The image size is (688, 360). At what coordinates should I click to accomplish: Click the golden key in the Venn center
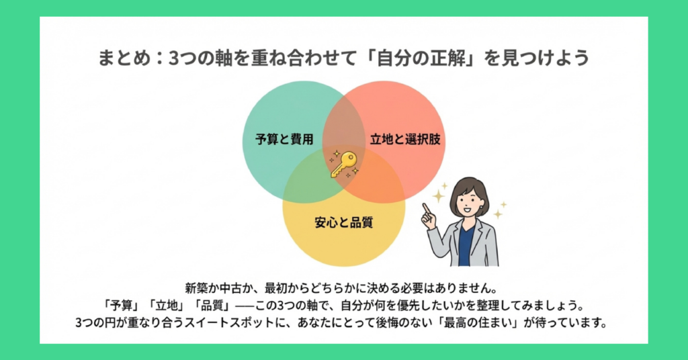point(343,163)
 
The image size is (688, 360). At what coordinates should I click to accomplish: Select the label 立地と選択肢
point(398,140)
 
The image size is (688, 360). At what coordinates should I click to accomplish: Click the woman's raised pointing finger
point(426,210)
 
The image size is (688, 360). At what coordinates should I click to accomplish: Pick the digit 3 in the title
point(173,58)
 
